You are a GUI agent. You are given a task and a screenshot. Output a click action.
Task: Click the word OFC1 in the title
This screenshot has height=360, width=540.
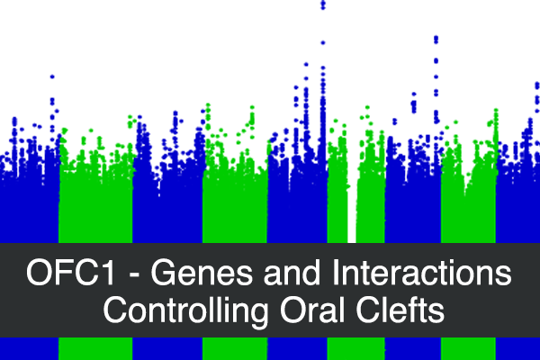(70, 273)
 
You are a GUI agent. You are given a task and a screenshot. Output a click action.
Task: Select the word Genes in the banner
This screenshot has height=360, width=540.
(202, 273)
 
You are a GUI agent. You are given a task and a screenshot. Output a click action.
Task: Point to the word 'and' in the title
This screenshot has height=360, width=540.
(292, 273)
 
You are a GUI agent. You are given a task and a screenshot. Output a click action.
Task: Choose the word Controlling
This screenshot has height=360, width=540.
(185, 311)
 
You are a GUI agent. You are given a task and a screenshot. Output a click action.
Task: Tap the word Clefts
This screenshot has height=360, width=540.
(400, 310)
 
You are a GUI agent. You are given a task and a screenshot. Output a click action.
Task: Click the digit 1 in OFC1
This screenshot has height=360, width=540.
(108, 273)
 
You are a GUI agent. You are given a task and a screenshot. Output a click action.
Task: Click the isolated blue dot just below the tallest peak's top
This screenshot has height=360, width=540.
(323, 42)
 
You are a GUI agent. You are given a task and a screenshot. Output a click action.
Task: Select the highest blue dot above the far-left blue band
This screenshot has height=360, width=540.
(52, 76)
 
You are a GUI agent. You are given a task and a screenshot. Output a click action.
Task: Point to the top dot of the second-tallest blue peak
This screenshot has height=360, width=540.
(436, 38)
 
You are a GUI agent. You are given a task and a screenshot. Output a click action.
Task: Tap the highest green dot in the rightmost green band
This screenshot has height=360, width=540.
(496, 111)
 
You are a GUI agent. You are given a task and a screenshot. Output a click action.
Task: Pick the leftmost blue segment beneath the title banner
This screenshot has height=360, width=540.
(30, 348)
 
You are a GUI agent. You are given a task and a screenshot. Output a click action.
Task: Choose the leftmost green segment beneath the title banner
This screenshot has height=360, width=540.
(95, 348)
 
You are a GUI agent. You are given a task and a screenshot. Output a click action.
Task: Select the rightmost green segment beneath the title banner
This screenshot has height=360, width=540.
(468, 348)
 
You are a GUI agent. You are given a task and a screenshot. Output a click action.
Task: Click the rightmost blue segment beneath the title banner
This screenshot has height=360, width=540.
(518, 348)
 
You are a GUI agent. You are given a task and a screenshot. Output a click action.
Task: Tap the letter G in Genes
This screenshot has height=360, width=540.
(164, 273)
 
